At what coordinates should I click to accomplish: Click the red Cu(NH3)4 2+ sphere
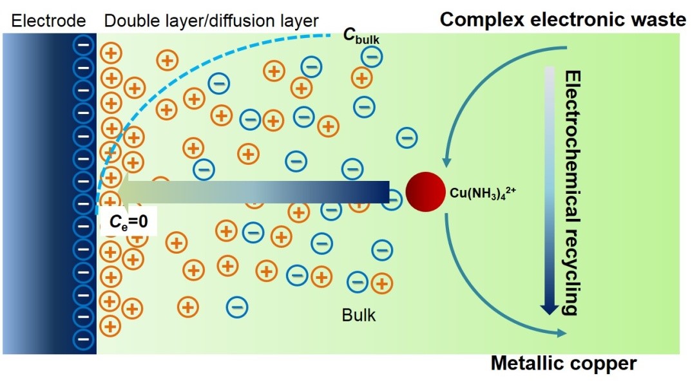point(425,192)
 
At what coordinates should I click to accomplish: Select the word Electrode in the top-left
point(48,21)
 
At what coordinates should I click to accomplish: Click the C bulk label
point(361,36)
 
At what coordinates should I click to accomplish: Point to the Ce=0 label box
point(128,222)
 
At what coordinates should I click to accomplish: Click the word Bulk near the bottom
point(359,315)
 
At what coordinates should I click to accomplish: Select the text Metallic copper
point(564,363)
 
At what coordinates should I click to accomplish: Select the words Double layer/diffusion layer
point(211,21)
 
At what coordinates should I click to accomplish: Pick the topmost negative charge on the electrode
point(83,46)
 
